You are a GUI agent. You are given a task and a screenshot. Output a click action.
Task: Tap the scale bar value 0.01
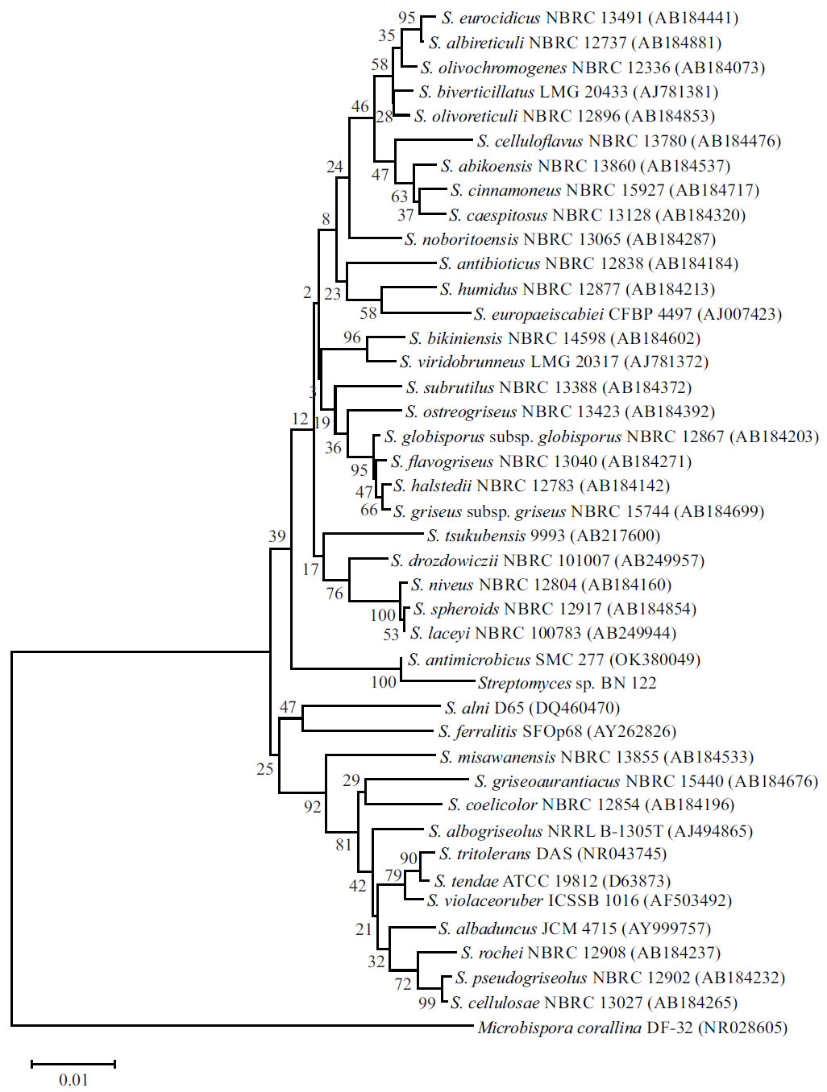pyautogui.click(x=73, y=1080)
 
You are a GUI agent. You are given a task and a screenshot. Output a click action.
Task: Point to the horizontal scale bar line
pyautogui.click(x=73, y=1064)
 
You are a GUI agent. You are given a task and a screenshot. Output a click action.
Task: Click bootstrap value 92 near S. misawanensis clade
pyautogui.click(x=313, y=807)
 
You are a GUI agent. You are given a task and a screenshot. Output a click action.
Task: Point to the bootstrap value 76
pyautogui.click(x=335, y=594)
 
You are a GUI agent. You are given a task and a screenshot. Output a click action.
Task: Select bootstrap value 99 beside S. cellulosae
pyautogui.click(x=427, y=1003)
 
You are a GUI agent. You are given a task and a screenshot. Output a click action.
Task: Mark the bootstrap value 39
pyautogui.click(x=277, y=536)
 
